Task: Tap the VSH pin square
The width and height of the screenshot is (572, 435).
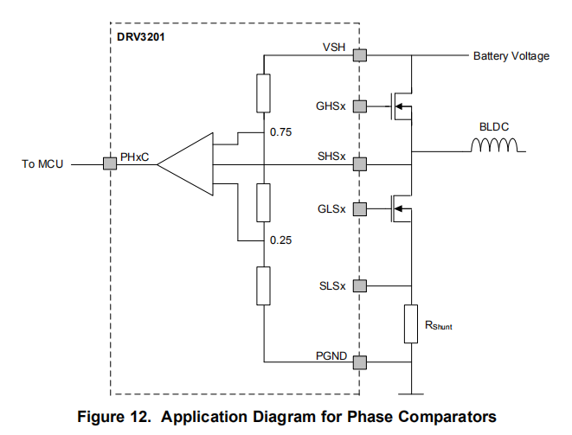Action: tap(360, 56)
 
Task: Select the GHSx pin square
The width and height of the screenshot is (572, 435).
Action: tap(360, 107)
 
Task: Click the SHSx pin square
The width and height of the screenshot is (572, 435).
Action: tap(360, 163)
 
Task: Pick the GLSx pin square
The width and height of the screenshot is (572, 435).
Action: tap(360, 208)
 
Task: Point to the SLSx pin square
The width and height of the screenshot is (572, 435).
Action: tap(360, 285)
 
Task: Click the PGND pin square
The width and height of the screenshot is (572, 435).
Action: tap(360, 361)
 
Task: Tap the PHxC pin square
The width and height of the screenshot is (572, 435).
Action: tap(110, 163)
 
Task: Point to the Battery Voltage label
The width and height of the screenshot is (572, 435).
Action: tap(511, 56)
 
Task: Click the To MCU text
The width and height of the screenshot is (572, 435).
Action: tap(41, 163)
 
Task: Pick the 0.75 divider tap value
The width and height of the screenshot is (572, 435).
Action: tap(281, 132)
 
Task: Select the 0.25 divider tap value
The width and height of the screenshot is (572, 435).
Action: tap(281, 240)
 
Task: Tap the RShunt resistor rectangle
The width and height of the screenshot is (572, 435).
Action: tap(411, 323)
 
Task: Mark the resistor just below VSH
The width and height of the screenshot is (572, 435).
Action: tap(264, 93)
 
